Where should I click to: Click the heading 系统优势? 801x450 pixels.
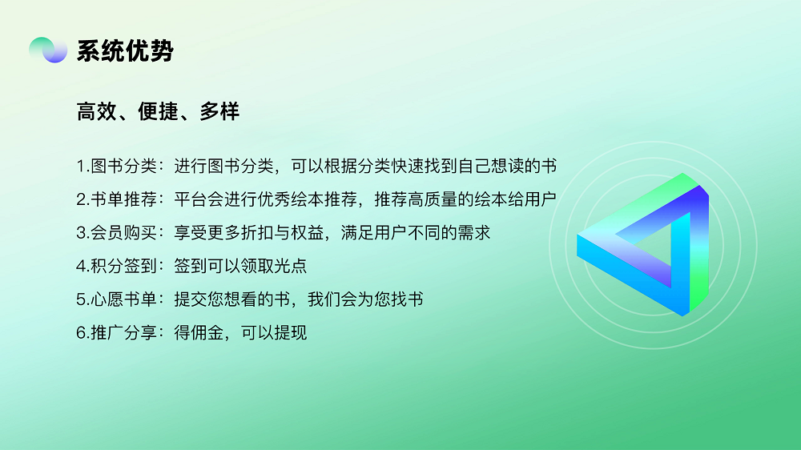tap(125, 51)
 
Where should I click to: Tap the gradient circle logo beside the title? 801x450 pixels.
tap(48, 50)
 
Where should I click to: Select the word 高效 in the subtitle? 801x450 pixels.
tap(97, 111)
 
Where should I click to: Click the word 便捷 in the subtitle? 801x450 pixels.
tap(158, 111)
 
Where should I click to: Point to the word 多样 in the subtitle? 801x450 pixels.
tap(219, 111)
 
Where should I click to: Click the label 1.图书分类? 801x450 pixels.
tap(116, 166)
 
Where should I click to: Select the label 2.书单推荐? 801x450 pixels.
tap(116, 199)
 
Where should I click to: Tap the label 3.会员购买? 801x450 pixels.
tap(116, 232)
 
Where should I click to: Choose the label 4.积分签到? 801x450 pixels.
tap(116, 266)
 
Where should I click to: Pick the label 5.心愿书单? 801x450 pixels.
tap(116, 299)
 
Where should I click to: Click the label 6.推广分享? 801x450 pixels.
tap(116, 332)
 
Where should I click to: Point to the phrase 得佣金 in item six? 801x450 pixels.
tap(199, 332)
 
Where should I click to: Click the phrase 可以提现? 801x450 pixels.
tap(274, 332)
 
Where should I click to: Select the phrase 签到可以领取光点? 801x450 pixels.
tap(240, 266)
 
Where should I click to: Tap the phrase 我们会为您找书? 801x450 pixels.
tap(365, 299)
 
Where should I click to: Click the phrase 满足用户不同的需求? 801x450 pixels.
tap(415, 232)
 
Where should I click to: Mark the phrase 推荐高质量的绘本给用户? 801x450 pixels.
tap(465, 199)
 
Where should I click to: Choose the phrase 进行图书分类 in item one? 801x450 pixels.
tap(223, 166)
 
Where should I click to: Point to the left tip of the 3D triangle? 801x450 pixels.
tap(578, 236)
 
